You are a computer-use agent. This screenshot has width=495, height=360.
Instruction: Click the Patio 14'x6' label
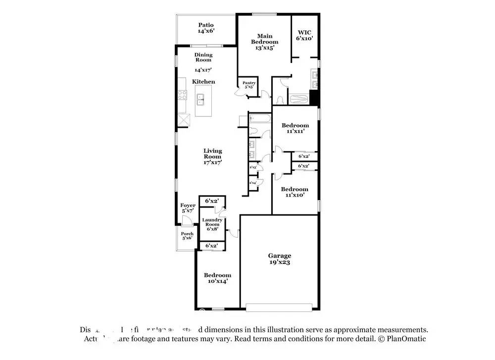point(206,28)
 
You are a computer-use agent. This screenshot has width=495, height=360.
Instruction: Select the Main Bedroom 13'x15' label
point(264,42)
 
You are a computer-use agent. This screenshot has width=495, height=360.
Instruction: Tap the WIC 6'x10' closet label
point(304,35)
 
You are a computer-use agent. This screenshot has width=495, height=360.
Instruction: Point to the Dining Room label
point(203,57)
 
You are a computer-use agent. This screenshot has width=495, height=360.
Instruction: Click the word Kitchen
point(203,82)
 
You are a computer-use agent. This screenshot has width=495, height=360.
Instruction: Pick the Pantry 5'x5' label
point(249,85)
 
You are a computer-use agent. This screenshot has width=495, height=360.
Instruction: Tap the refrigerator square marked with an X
point(185,120)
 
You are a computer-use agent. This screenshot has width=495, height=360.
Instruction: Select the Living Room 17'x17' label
point(213,156)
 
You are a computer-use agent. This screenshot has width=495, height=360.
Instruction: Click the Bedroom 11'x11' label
point(295,128)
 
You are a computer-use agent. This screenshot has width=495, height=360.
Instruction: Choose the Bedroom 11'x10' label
point(295,192)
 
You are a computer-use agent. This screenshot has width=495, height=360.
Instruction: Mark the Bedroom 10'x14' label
point(217,278)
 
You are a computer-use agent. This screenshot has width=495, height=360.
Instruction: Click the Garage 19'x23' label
point(280,258)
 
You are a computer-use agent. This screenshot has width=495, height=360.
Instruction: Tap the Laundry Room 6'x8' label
point(212,224)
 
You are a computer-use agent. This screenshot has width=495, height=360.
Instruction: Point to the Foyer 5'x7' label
point(188,208)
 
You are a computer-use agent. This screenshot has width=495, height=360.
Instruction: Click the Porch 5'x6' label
point(187,236)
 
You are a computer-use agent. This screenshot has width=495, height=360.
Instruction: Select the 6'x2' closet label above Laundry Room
point(212,201)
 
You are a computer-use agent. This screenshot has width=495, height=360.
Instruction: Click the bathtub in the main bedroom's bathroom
point(298,99)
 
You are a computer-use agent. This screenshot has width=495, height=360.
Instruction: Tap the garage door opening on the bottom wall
point(279,308)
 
